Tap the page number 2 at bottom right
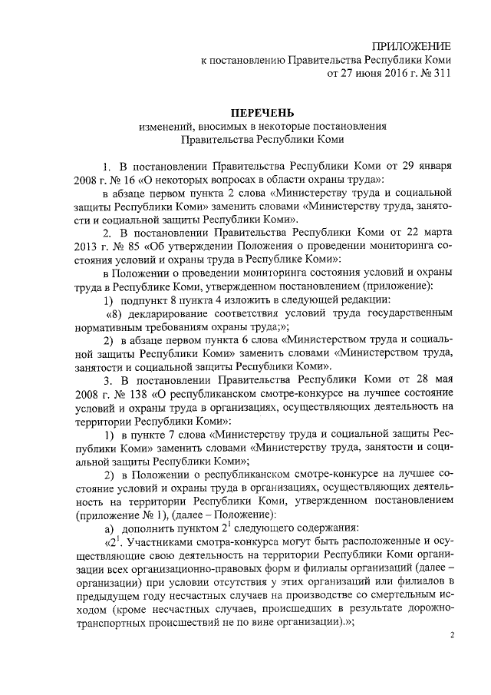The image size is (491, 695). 452,637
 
